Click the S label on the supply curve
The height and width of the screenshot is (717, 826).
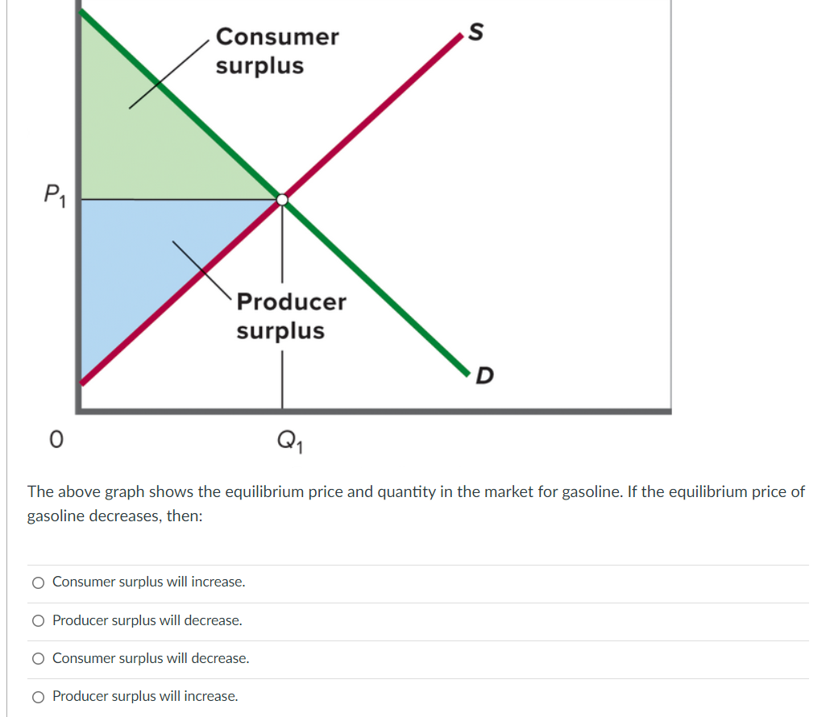pos(476,32)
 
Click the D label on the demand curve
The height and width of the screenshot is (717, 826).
pos(484,376)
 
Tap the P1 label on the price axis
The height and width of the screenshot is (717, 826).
pos(54,194)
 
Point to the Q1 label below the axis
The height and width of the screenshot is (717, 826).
pos(287,441)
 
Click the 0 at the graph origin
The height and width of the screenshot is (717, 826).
pos(55,440)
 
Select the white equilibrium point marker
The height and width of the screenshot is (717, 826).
pos(282,199)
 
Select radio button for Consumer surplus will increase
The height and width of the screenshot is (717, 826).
pos(38,582)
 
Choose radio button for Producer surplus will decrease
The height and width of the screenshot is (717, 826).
pos(38,621)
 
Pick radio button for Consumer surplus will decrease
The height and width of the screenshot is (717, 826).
pos(38,659)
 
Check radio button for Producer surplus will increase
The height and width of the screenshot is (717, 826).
pos(38,697)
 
